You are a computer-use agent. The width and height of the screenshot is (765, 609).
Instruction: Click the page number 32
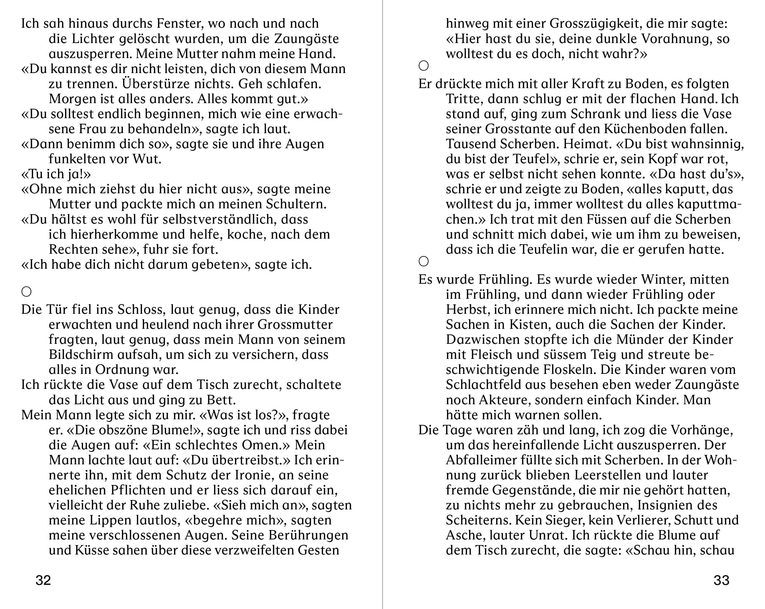click(x=43, y=580)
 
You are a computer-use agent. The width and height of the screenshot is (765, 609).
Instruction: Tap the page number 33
click(x=721, y=580)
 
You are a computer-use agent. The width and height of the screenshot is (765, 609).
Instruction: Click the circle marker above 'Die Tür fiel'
click(x=27, y=292)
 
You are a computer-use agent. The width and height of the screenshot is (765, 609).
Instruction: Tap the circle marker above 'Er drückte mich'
click(x=424, y=66)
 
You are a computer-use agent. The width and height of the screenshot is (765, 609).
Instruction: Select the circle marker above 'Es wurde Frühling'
click(x=424, y=261)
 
